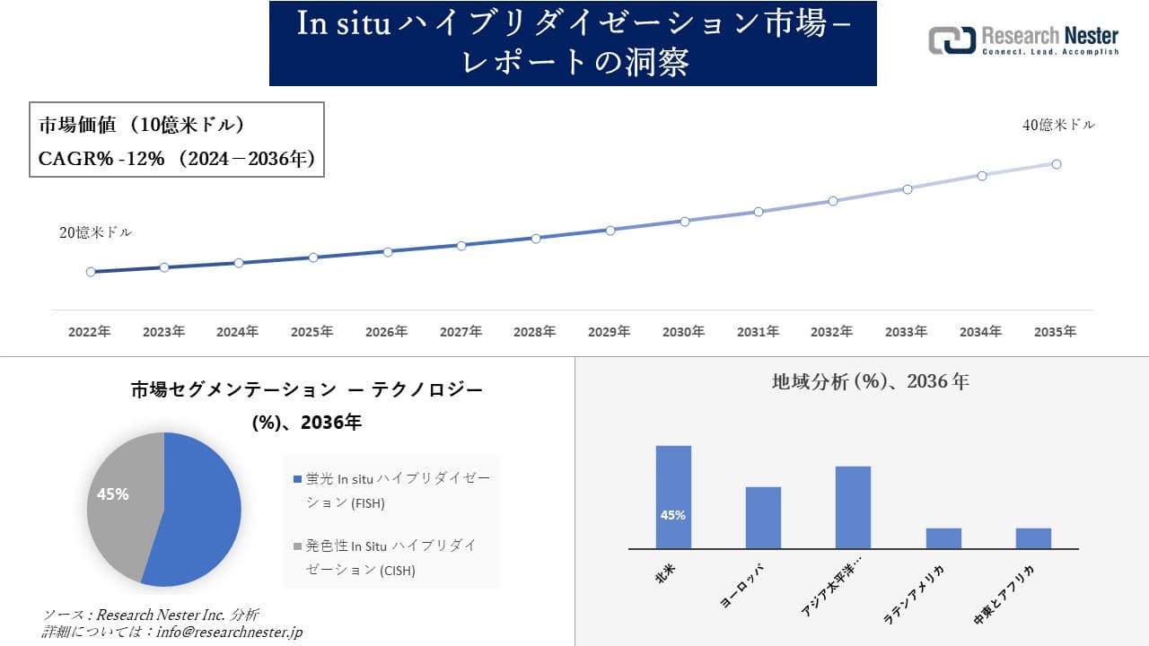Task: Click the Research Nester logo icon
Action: (952, 40)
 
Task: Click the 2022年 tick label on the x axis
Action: (90, 332)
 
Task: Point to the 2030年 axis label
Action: (683, 332)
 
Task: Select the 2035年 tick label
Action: (1055, 332)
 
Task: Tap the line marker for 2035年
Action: (1057, 164)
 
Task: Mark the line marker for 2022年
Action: (91, 272)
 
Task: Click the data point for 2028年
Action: (536, 239)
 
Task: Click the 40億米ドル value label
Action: (1058, 126)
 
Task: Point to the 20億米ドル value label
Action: (95, 232)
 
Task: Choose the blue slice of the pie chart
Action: (197, 511)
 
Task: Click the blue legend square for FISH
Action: (298, 480)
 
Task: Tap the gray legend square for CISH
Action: (298, 546)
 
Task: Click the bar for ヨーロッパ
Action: (763, 518)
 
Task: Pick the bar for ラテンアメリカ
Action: (943, 538)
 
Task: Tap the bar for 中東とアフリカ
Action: (1033, 538)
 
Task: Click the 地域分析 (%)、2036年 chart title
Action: (870, 381)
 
